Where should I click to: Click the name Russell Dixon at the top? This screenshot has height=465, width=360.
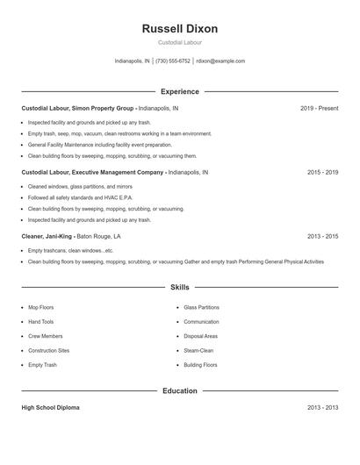click(x=179, y=29)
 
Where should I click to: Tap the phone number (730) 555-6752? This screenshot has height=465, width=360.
click(x=173, y=61)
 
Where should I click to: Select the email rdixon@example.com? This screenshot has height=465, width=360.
click(x=220, y=61)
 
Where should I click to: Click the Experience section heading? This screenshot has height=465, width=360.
click(x=179, y=91)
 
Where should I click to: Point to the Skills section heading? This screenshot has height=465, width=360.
click(x=179, y=287)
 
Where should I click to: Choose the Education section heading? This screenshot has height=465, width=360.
click(x=179, y=390)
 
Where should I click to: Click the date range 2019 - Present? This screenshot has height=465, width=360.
click(x=319, y=108)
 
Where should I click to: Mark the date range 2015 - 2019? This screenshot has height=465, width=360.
click(x=322, y=173)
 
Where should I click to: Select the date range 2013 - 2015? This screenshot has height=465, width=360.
click(x=322, y=236)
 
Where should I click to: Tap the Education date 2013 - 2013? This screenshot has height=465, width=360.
click(x=322, y=408)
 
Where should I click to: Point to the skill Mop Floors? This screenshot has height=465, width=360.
click(x=41, y=308)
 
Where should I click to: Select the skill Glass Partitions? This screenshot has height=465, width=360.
click(x=201, y=308)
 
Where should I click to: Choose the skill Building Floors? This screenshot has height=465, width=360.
click(x=200, y=365)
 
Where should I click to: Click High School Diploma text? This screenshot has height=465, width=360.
click(x=51, y=408)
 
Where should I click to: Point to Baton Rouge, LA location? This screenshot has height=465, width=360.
click(x=98, y=236)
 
